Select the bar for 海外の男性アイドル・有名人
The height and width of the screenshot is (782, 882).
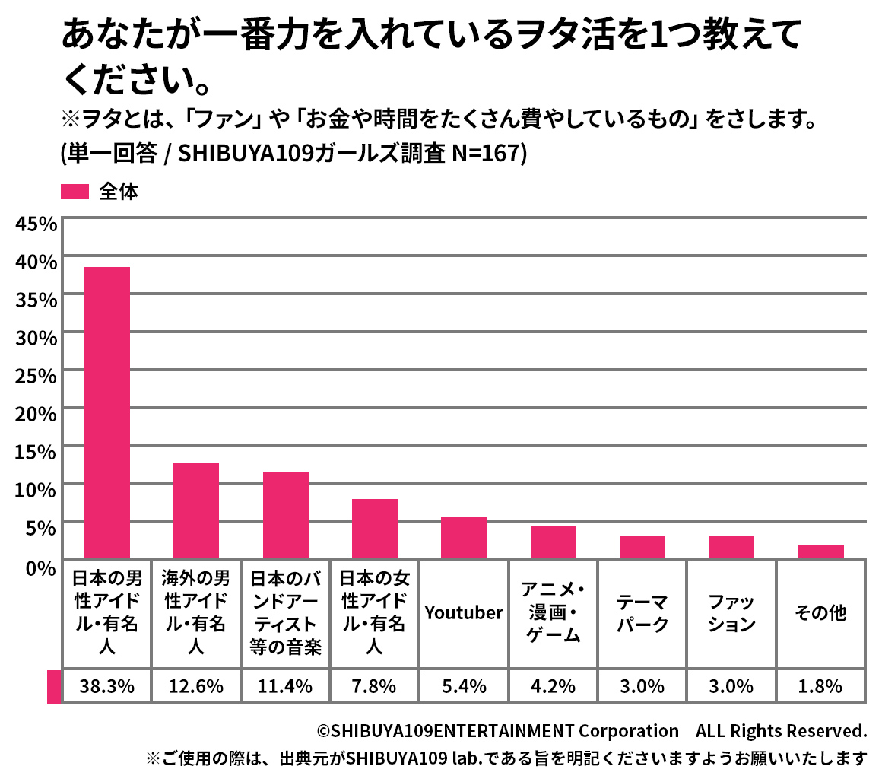pyautogui.click(x=196, y=510)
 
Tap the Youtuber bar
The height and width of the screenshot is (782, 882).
pyautogui.click(x=464, y=538)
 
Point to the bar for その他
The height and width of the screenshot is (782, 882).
pyautogui.click(x=820, y=552)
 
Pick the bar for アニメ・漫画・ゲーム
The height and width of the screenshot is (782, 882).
pyautogui.click(x=553, y=542)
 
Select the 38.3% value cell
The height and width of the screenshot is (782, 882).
pyautogui.click(x=107, y=686)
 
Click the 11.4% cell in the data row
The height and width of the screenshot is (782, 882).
pyautogui.click(x=286, y=686)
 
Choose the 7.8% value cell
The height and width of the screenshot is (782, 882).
pyautogui.click(x=375, y=686)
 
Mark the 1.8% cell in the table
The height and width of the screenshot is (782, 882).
pyautogui.click(x=820, y=686)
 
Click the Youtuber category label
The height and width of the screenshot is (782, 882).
pyautogui.click(x=464, y=613)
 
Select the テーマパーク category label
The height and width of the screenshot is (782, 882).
pyautogui.click(x=642, y=613)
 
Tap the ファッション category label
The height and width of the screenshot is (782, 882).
pyautogui.click(x=731, y=613)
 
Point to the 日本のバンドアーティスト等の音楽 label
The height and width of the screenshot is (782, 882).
pyautogui.click(x=286, y=613)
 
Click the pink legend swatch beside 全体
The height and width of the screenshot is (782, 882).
pyautogui.click(x=75, y=192)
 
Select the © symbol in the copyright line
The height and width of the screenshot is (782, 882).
pyautogui.click(x=323, y=731)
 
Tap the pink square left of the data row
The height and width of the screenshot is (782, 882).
pyautogui.click(x=53, y=686)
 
